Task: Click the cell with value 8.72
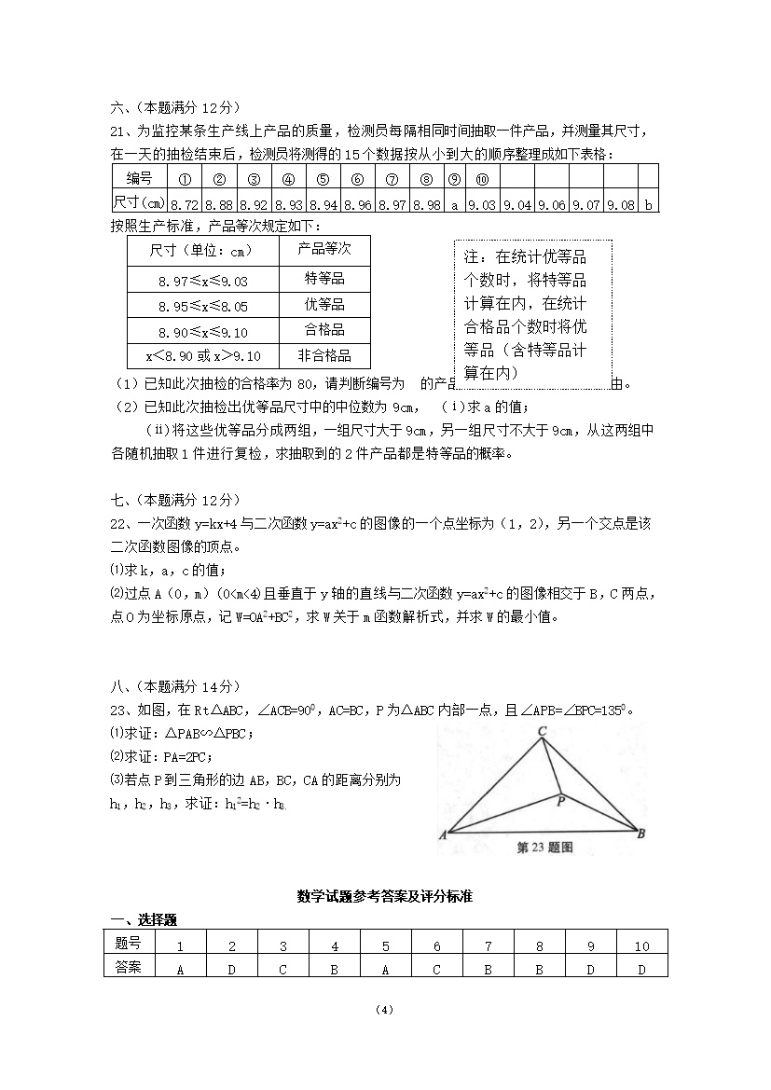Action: pyautogui.click(x=186, y=202)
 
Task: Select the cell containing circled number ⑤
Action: pyautogui.click(x=324, y=178)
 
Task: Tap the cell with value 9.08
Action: pyautogui.click(x=620, y=202)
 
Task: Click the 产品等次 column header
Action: pyautogui.click(x=324, y=250)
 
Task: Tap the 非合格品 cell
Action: pyautogui.click(x=324, y=355)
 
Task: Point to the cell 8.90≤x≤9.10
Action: pyautogui.click(x=203, y=330)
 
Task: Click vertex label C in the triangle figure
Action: pyautogui.click(x=541, y=733)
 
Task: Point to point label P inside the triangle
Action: pyautogui.click(x=560, y=800)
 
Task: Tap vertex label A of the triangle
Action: pyautogui.click(x=442, y=835)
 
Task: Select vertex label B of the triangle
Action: pyautogui.click(x=640, y=834)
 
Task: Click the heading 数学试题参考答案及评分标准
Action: pyautogui.click(x=385, y=896)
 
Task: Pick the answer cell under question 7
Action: pyautogui.click(x=488, y=969)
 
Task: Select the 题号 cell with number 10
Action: pyautogui.click(x=641, y=945)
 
